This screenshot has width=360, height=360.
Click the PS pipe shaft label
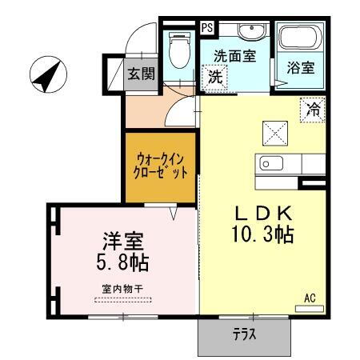click(207, 26)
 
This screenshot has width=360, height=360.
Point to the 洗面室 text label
click(234, 58)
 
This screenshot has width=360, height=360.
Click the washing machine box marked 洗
click(214, 78)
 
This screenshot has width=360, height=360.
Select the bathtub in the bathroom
click(300, 38)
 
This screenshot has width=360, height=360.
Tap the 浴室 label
click(301, 67)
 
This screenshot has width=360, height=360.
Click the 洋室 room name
click(122, 239)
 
